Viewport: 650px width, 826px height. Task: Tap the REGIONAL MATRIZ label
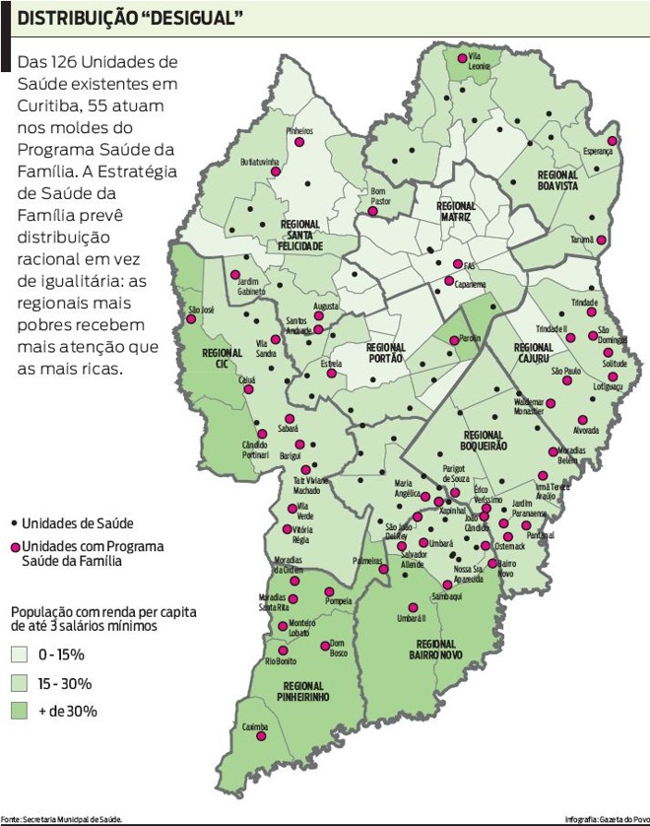click(456, 212)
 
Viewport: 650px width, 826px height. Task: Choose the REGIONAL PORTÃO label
click(385, 353)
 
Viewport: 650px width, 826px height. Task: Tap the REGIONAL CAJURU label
click(533, 353)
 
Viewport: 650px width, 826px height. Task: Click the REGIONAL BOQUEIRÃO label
click(485, 440)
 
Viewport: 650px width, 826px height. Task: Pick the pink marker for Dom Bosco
click(325, 647)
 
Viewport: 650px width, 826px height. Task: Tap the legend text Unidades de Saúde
click(79, 523)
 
